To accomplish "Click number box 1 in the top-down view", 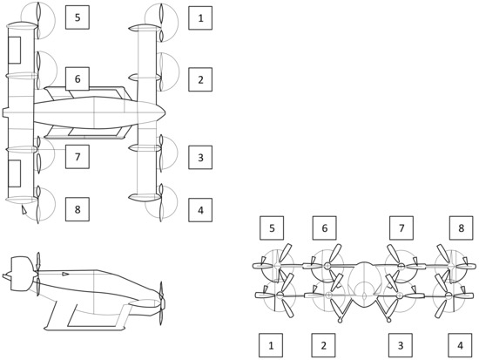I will click(x=200, y=17).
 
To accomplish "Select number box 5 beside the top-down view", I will click(x=77, y=17).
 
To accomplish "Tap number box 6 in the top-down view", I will click(x=77, y=79).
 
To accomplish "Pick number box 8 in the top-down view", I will click(x=77, y=209).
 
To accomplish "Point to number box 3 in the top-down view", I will click(x=200, y=158).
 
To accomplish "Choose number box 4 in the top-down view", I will click(x=200, y=209).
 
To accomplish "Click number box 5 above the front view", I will click(x=272, y=228).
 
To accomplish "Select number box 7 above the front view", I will click(x=401, y=228).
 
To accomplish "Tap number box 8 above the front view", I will click(x=462, y=228).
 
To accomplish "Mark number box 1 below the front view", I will click(x=272, y=345).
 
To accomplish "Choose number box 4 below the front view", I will click(x=462, y=345).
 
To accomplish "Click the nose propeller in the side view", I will click(x=162, y=296).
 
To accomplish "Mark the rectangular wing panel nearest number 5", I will click(x=15, y=50).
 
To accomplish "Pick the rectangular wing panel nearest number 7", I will click(x=15, y=173).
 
